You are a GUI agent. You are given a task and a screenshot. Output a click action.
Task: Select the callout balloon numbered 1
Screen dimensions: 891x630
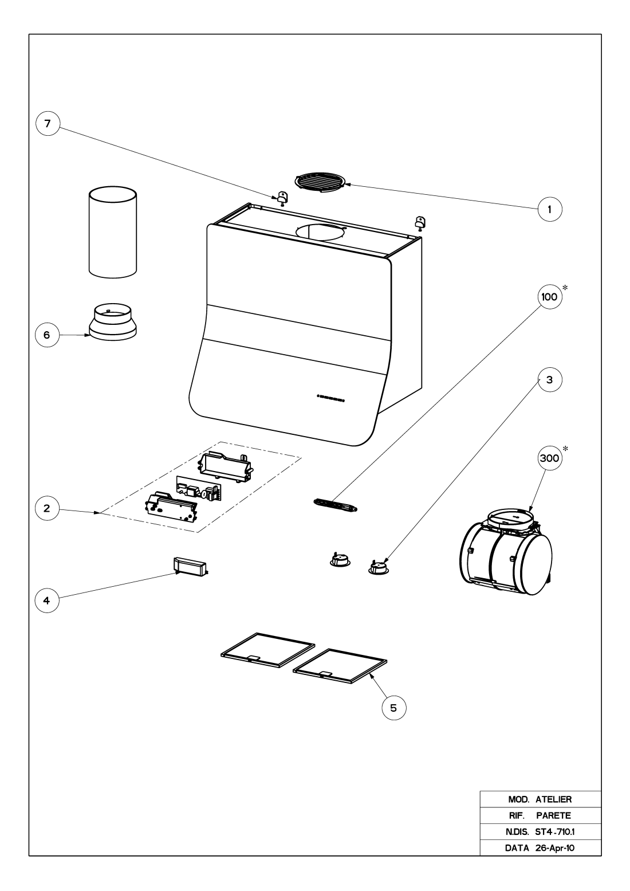point(550,210)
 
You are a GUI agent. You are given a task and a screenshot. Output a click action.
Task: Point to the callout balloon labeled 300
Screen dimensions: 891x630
point(550,459)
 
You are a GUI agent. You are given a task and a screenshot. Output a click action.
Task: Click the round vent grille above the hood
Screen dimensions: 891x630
point(321,180)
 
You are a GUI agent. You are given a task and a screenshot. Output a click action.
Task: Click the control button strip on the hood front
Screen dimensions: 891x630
point(331,397)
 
